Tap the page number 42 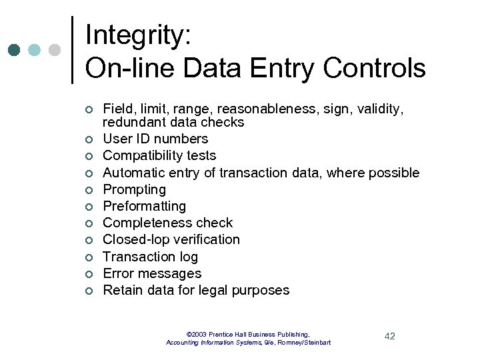click(390, 336)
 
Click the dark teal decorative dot click(15, 50)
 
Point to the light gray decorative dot click(55, 50)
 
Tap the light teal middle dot click(35, 50)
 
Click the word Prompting click(134, 190)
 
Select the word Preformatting click(144, 207)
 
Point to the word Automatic click(134, 173)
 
